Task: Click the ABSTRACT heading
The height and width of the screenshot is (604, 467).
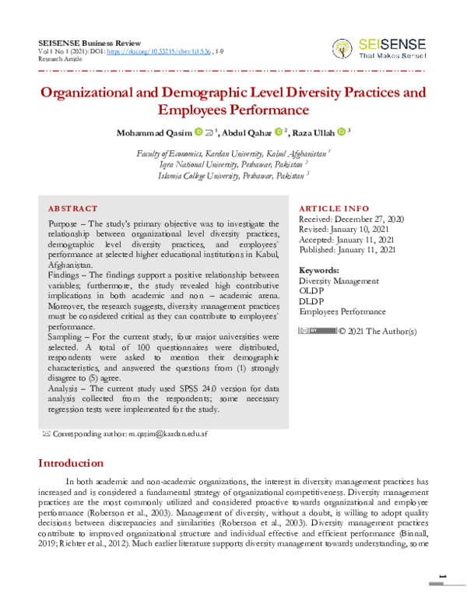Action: (x=72, y=209)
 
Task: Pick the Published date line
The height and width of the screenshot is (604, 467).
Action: (x=347, y=251)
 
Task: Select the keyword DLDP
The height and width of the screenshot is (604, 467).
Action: (x=311, y=301)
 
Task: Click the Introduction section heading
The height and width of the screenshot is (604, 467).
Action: (x=71, y=463)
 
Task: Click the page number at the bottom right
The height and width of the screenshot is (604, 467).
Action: (x=441, y=576)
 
